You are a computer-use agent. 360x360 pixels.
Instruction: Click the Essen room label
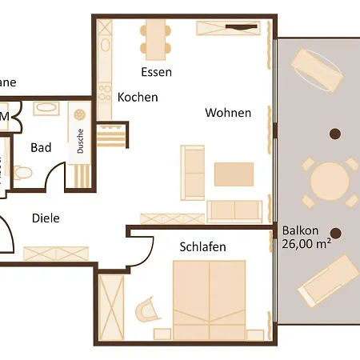[156, 72]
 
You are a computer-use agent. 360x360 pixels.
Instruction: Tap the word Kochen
[138, 98]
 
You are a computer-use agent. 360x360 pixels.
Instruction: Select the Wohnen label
[228, 113]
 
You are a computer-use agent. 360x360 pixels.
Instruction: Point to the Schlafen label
[202, 247]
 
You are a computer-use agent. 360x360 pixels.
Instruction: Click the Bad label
[42, 147]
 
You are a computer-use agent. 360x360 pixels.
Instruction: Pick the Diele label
[46, 218]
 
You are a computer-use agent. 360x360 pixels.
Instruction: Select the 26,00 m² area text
[306, 245]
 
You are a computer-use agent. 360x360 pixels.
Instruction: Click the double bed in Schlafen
[209, 300]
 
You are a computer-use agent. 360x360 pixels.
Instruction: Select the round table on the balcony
[329, 182]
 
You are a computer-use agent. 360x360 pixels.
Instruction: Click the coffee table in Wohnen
[234, 174]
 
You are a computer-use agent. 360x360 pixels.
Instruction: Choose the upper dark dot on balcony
[335, 134]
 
